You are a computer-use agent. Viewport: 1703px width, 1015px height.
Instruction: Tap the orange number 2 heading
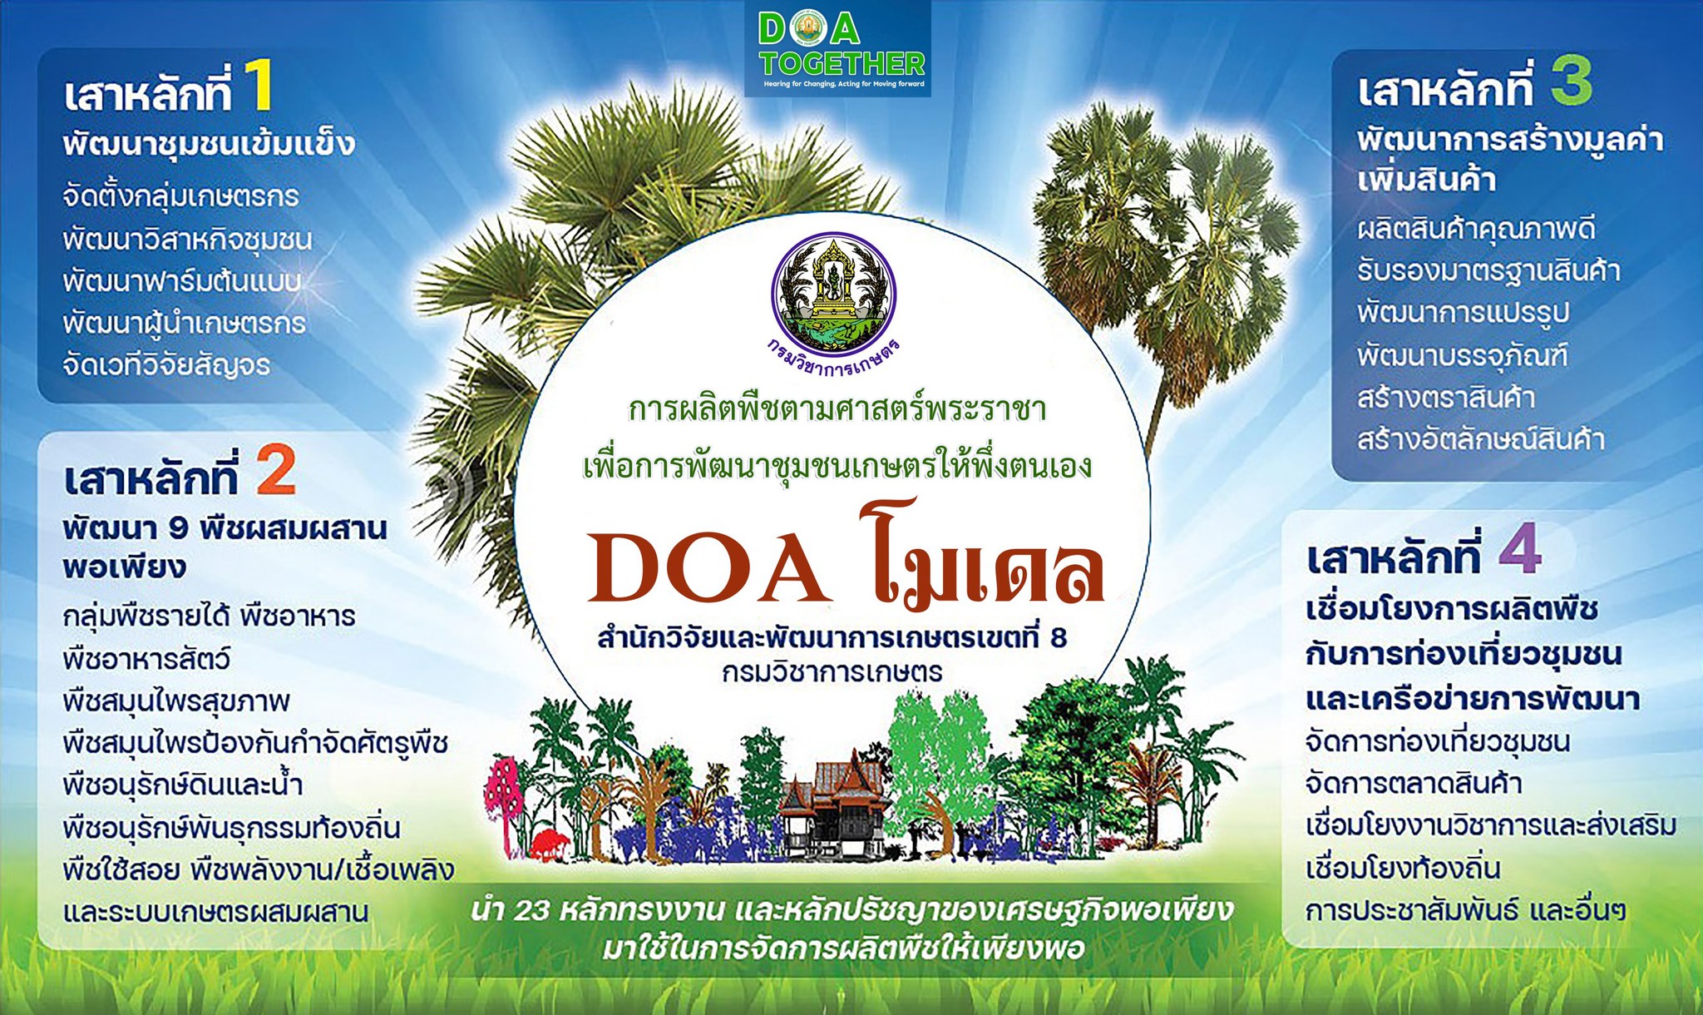coord(276,470)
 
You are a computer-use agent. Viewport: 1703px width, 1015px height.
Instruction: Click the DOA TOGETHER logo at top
coord(838,48)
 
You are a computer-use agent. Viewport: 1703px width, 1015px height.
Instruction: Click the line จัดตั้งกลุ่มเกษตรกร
coord(180,197)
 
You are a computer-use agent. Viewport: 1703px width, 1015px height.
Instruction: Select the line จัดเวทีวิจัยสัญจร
coord(166,364)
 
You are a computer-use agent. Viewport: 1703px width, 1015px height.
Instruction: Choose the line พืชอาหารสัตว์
coord(146,659)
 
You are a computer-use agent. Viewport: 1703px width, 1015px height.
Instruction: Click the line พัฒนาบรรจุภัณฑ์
coord(1463,356)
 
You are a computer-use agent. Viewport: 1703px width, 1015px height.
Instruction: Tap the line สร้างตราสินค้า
coord(1446,398)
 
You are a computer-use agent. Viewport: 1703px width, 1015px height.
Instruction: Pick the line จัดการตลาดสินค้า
coord(1414,784)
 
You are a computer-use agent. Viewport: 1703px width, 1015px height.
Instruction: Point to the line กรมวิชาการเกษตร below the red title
coord(832,671)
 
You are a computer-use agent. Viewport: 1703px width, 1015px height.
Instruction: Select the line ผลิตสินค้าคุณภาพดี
coord(1476,229)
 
